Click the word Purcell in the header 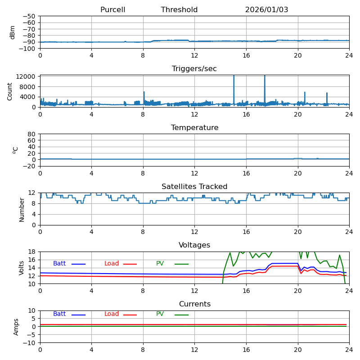coord(112,10)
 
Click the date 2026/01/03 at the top coord(266,10)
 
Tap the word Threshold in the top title coord(179,10)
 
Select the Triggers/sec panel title coord(194,69)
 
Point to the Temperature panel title coord(194,128)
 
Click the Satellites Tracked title coord(194,187)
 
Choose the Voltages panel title coord(194,245)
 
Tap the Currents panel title coord(194,304)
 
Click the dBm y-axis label coord(13,32)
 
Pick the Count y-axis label coord(10,91)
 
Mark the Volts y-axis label coord(22,268)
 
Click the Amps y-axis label coord(16,327)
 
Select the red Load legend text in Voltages coord(112,264)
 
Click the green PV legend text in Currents coord(160,314)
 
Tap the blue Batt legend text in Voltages coord(59,264)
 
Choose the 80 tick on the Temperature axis coord(32,134)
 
